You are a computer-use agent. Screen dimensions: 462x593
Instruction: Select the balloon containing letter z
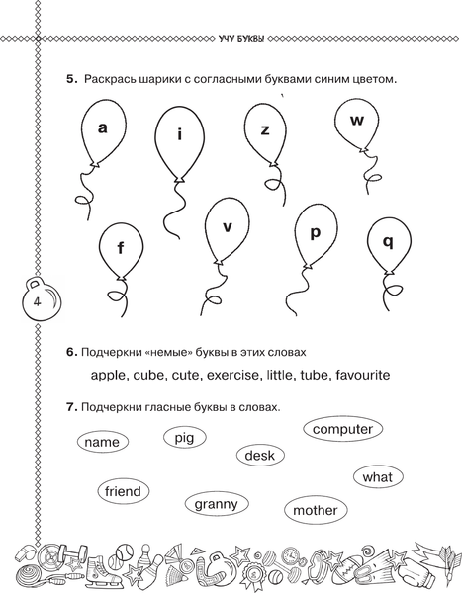point(264,134)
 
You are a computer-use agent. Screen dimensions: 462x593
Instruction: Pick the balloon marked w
point(357,126)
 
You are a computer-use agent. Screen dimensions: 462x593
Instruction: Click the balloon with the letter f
point(121,252)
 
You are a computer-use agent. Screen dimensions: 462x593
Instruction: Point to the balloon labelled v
point(227,231)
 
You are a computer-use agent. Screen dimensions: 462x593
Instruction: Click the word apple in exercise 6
point(112,376)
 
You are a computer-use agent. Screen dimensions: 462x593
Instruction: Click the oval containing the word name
point(102,443)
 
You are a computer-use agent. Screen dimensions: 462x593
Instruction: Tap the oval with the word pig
point(184,437)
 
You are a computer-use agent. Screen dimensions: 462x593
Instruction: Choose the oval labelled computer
point(342,429)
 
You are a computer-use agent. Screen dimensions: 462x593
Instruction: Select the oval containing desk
point(260,456)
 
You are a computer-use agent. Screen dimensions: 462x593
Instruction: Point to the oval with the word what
point(377,477)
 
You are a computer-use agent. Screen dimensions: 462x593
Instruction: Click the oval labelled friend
point(122,491)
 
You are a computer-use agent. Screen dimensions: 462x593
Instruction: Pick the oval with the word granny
point(216,504)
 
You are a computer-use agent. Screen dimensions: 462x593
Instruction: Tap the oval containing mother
point(315,511)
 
